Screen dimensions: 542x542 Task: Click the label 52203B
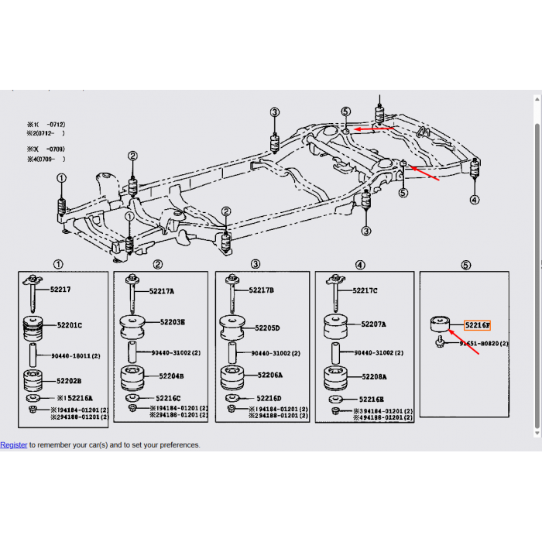(x=172, y=321)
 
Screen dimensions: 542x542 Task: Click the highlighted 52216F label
(x=477, y=325)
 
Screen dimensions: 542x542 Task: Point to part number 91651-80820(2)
(x=484, y=342)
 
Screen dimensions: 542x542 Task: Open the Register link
(x=13, y=445)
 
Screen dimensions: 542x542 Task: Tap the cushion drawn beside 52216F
(x=440, y=322)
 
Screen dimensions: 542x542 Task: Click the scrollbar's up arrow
(x=537, y=98)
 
